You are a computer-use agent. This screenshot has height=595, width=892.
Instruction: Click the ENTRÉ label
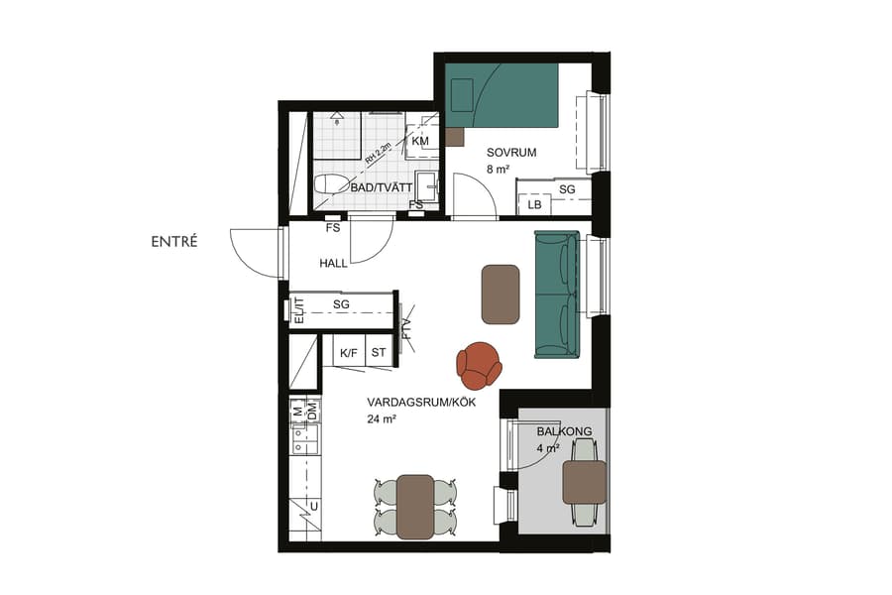tap(174, 241)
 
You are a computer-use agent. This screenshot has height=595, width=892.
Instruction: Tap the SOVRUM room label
tap(511, 153)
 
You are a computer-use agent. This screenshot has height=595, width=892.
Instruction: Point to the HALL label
tap(334, 264)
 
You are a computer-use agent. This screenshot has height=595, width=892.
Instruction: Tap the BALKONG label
tap(564, 431)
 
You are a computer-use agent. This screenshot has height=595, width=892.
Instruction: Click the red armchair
tap(480, 364)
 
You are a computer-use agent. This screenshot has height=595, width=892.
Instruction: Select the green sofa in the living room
tap(556, 294)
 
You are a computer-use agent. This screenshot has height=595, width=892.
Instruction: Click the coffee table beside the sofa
tap(501, 294)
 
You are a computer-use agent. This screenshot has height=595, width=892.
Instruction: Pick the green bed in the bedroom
tap(502, 95)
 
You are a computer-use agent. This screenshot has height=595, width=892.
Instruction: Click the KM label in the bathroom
tap(420, 142)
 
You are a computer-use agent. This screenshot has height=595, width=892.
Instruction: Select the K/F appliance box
tap(349, 353)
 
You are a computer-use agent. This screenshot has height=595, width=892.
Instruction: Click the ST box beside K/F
tap(379, 353)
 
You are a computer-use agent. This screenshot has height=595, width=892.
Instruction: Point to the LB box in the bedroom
tap(535, 204)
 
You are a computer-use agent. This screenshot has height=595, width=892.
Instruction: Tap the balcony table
tap(585, 482)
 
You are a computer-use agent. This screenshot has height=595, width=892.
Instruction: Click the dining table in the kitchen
tap(415, 506)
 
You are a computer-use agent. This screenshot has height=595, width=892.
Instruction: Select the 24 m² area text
tap(382, 419)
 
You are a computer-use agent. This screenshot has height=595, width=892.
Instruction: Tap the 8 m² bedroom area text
tap(498, 170)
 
